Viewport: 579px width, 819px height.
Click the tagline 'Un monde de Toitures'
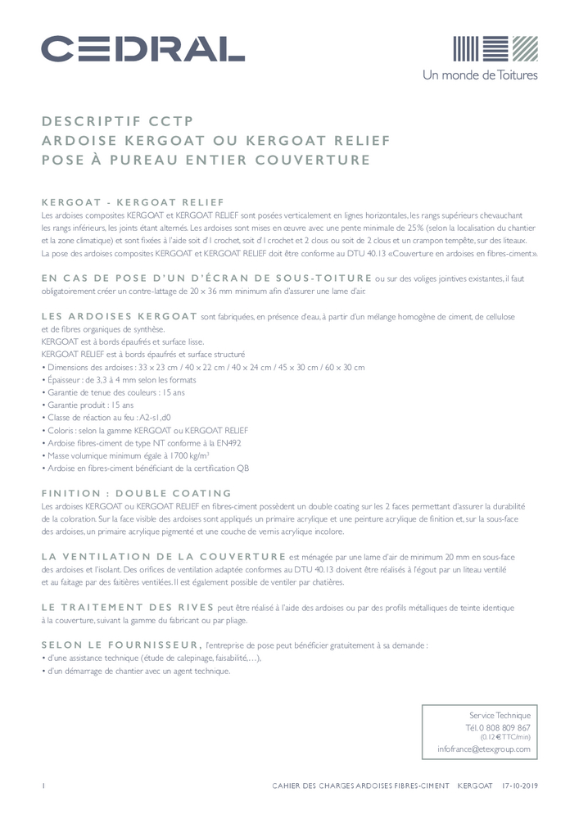(491, 75)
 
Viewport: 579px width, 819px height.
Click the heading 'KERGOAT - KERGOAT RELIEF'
(132, 201)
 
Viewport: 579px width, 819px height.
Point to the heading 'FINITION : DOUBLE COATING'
(137, 493)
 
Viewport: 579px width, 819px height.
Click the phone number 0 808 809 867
(498, 727)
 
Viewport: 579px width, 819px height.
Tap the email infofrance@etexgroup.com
(484, 749)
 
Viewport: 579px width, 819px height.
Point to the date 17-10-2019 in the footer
(519, 786)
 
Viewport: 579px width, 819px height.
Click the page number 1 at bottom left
(43, 786)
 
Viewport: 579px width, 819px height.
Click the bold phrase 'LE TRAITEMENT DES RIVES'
(126, 607)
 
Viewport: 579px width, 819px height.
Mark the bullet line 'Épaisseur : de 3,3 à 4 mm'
(120, 380)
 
